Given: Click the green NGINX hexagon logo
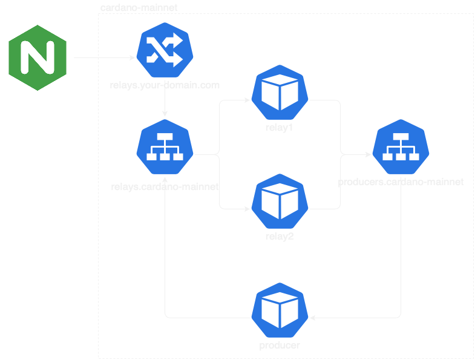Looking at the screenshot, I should click(38, 58).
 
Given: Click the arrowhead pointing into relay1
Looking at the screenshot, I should click(247, 100).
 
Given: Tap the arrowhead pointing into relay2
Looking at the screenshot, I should click(247, 209).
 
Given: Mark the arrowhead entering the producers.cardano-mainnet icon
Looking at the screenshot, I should click(368, 155).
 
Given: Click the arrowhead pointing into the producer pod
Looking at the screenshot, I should click(312, 317).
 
